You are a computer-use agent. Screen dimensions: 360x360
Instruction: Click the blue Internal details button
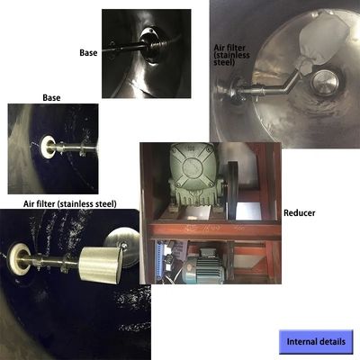(x=316, y=342)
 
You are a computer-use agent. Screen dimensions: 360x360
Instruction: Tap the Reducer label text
(x=299, y=213)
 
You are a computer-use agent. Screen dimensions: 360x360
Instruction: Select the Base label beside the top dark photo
(x=88, y=53)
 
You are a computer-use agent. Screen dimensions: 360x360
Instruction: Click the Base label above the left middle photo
(x=51, y=98)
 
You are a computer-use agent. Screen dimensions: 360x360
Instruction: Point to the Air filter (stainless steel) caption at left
(x=70, y=204)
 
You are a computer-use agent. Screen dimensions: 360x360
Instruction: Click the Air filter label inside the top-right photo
(x=231, y=55)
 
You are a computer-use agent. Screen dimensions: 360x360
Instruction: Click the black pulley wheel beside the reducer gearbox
(x=231, y=190)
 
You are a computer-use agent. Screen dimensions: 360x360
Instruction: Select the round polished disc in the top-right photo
(x=325, y=83)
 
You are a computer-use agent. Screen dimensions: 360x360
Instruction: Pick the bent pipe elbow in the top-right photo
(x=288, y=83)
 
